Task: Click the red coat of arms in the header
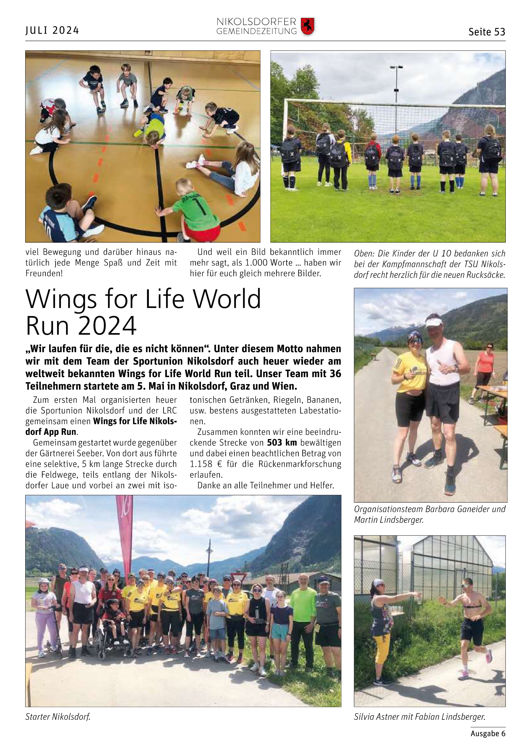[307, 27]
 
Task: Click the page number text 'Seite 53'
[486, 32]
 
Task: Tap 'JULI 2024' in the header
[52, 30]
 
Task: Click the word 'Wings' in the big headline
[61, 299]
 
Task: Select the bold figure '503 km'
[282, 442]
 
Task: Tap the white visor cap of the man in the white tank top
[434, 322]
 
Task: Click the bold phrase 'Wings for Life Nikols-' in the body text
[135, 421]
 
